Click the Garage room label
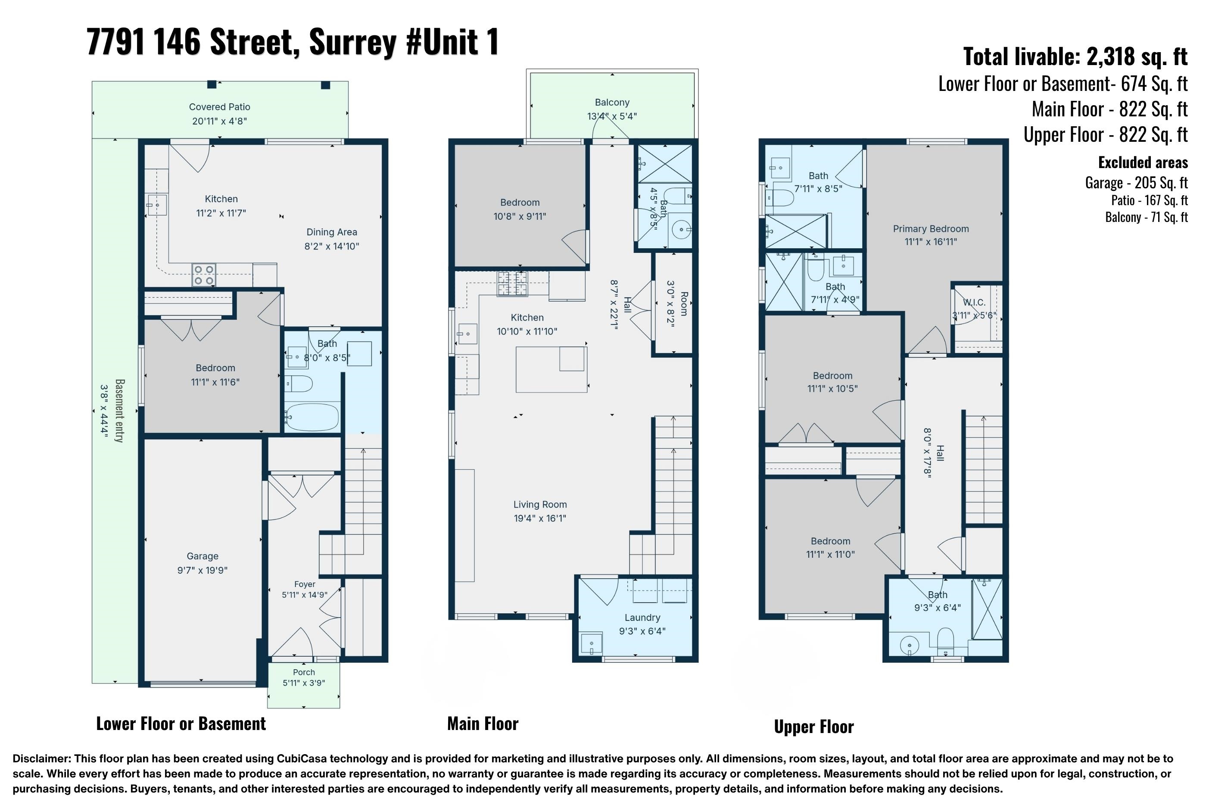tap(203, 556)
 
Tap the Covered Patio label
tap(219, 107)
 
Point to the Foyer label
tap(305, 584)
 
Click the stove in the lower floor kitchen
tap(203, 275)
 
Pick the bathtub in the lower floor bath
tap(312, 417)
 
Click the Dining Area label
tap(332, 232)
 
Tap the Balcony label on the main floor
tap(612, 102)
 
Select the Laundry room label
tap(642, 618)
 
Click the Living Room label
tap(540, 505)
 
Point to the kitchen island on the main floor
tap(551, 369)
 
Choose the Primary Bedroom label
tap(931, 229)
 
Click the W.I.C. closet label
tap(974, 303)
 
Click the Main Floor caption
tap(483, 724)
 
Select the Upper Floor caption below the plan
tap(814, 727)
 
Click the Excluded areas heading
tap(1143, 162)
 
